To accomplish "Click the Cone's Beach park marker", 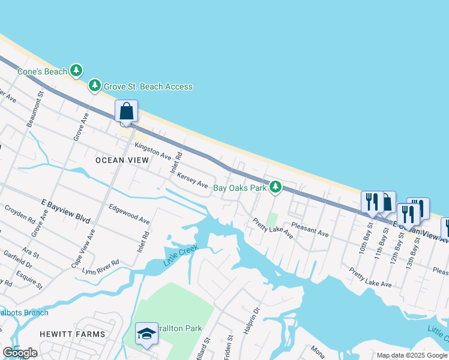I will point(76,71).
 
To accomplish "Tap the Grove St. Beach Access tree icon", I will point(94,86).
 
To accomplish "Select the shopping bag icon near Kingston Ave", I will point(126,112).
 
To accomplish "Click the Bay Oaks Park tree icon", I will point(275,188).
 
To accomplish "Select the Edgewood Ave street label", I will point(128,213).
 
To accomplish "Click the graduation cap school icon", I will point(146,335).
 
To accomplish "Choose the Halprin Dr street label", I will point(255,319).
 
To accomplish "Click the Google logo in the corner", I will point(20,353).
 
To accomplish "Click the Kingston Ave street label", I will point(153,150).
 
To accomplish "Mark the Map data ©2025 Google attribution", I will point(412,355).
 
